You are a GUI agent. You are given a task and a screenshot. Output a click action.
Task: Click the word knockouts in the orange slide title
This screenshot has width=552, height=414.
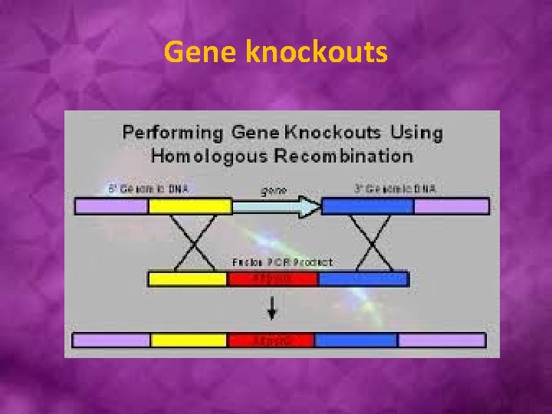(317, 52)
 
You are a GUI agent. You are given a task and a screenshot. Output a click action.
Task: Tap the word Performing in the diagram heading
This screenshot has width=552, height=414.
(172, 132)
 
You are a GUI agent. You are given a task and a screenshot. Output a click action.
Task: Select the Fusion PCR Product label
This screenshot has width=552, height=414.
(281, 262)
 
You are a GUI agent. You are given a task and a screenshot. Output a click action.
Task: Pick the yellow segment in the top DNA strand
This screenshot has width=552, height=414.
(190, 206)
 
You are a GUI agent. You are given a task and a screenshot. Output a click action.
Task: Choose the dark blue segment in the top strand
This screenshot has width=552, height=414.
(367, 206)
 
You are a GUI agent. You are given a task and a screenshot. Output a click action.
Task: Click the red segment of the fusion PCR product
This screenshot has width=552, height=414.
(273, 278)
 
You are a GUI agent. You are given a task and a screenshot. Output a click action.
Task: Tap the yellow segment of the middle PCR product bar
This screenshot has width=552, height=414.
(188, 278)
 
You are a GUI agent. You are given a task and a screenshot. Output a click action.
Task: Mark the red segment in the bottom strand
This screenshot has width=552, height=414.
(271, 340)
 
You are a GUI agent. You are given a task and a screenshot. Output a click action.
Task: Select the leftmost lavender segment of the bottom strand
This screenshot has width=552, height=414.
(111, 340)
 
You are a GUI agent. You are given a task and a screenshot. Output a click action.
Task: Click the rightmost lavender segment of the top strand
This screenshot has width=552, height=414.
(451, 206)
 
